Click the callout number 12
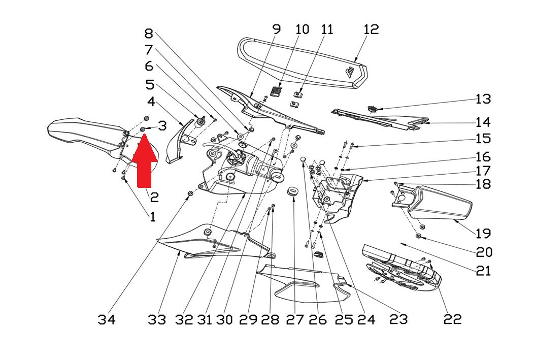pos(371,29)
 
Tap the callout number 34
pos(107,320)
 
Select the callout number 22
pos(453,319)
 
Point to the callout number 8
pos(149,34)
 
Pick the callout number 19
pos(483,234)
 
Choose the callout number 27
pos(295,320)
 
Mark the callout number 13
pos(483,99)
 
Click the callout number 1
pos(152,216)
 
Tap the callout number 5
pos(150,84)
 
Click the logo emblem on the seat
pos(350,73)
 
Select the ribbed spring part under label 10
pos(277,91)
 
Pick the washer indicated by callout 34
pos(190,194)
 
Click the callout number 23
pos(398,319)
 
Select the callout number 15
pos(483,139)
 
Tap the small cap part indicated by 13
pos(372,109)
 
